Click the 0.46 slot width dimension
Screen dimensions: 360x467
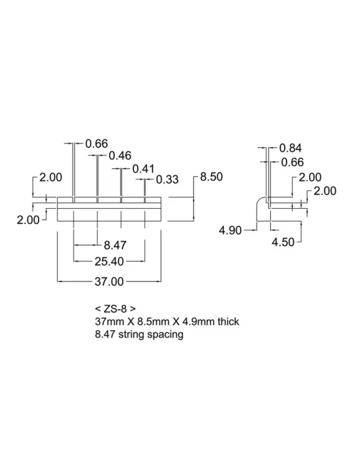tap(120, 155)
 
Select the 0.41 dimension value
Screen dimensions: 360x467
tap(143, 169)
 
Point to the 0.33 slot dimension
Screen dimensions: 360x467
tap(167, 179)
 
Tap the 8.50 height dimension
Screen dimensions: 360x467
tap(211, 177)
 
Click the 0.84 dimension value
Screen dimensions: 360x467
tap(291, 148)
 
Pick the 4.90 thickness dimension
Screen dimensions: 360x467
tap(230, 230)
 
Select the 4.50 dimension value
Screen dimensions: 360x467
tap(283, 242)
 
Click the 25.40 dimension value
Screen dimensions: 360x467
tap(109, 262)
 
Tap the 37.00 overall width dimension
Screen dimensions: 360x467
tap(109, 282)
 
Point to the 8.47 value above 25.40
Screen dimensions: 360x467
tap(115, 245)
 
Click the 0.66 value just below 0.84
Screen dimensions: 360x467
tap(292, 162)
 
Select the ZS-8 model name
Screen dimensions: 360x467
tap(115, 308)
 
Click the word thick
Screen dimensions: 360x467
tap(229, 322)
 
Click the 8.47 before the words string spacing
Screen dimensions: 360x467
tap(105, 334)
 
